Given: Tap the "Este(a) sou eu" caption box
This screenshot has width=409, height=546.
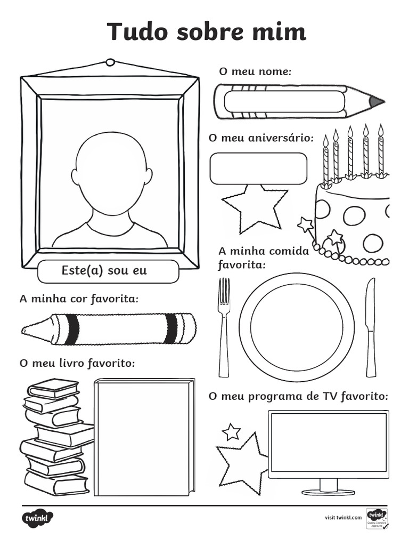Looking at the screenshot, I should (108, 271).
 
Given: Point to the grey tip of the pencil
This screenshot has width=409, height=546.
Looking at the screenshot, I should (376, 101).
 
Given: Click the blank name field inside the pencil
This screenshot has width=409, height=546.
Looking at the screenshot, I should (284, 101).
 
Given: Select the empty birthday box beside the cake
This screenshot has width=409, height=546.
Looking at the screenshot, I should (258, 168).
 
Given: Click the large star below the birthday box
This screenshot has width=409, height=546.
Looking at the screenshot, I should (255, 207).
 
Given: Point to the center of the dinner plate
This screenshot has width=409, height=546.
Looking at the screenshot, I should (297, 326).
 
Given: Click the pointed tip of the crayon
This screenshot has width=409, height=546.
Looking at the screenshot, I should (27, 331).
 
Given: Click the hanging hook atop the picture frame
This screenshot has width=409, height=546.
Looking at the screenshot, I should (110, 62).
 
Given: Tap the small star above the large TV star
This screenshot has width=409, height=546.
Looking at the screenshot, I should (231, 431).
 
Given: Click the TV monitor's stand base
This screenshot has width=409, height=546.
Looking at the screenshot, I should (328, 492).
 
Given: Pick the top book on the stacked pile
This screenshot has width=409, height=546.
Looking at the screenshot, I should (53, 388).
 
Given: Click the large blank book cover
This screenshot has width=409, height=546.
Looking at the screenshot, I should (144, 437).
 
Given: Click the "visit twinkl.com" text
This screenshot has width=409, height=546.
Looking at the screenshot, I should (343, 517).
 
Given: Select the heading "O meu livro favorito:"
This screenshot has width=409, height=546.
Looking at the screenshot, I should (77, 363).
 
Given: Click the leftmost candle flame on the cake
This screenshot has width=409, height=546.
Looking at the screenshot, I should (325, 140).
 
